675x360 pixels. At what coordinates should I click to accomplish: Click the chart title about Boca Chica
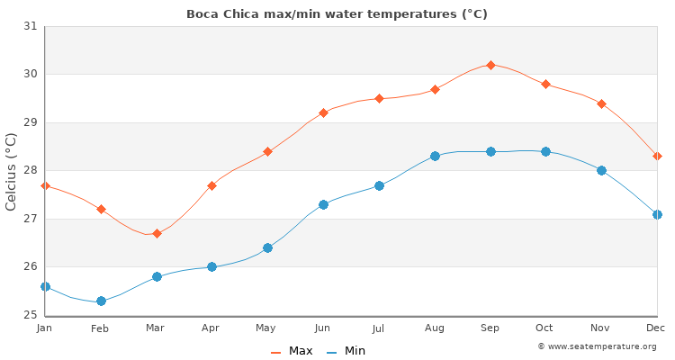click(x=337, y=13)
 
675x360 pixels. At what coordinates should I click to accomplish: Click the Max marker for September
click(x=490, y=65)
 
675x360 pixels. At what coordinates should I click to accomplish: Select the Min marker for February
click(x=101, y=301)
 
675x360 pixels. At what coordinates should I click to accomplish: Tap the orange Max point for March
click(x=157, y=233)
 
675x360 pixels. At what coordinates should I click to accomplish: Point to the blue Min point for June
click(x=323, y=204)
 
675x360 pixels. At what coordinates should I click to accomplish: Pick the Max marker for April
click(x=211, y=185)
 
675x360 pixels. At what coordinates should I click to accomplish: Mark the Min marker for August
click(x=435, y=156)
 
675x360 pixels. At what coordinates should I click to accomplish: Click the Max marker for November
click(x=601, y=103)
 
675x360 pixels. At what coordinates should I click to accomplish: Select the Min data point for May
click(x=267, y=247)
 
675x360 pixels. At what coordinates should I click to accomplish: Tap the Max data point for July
click(x=379, y=98)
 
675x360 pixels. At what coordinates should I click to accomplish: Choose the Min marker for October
click(x=545, y=151)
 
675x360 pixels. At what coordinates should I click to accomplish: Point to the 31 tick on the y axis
click(x=31, y=26)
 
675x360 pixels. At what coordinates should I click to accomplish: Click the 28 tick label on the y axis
click(x=31, y=170)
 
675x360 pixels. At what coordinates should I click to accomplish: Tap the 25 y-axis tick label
click(x=31, y=315)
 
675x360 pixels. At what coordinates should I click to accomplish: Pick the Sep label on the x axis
click(x=490, y=328)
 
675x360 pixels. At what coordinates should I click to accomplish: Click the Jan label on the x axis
click(x=45, y=328)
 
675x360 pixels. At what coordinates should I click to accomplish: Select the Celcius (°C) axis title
click(x=12, y=171)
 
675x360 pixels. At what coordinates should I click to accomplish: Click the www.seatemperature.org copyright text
click(x=597, y=346)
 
